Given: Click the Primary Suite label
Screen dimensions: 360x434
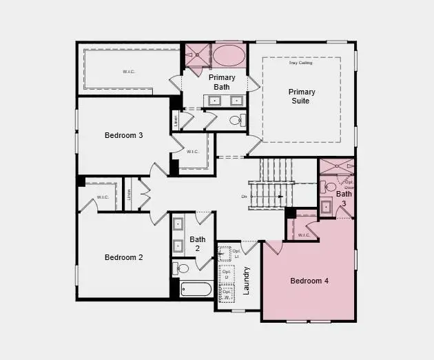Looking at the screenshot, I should (302, 96).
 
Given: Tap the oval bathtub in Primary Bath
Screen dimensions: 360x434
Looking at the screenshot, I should (227, 55).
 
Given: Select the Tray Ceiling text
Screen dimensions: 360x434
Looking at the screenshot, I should (300, 63).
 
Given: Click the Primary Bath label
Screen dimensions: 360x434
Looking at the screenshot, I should (222, 82).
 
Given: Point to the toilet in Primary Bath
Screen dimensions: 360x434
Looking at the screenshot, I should (236, 120).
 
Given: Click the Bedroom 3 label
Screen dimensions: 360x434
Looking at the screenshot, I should (124, 135).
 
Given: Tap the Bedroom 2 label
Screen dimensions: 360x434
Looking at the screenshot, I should (124, 257).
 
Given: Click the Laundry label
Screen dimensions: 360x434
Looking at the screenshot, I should (247, 280).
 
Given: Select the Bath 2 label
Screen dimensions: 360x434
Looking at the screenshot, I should (198, 244).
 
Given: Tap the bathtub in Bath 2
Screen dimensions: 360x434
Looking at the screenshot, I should (196, 288).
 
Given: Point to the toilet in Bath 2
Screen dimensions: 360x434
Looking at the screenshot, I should (181, 268).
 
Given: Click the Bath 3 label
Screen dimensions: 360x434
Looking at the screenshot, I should (344, 199).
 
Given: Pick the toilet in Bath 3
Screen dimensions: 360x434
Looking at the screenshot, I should (330, 186).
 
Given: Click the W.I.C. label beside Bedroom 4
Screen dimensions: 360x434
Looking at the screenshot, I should (304, 235).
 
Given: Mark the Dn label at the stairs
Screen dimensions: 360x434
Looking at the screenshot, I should (244, 197).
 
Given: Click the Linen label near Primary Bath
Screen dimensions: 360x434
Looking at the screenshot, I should (176, 121).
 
